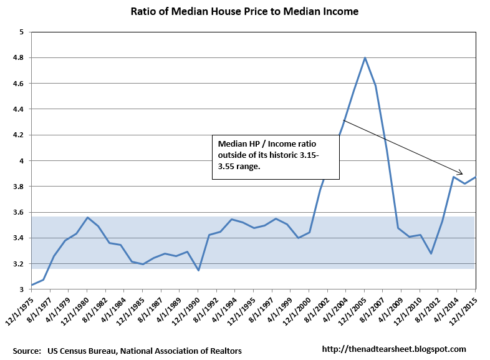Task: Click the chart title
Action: pos(244,12)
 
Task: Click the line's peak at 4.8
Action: pos(365,58)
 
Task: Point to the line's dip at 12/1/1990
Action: pos(198,270)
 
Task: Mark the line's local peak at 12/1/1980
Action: pos(87,218)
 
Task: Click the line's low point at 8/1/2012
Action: pos(431,253)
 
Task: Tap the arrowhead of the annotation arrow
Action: pos(462,174)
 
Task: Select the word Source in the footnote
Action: pos(25,350)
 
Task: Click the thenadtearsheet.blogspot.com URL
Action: pos(394,349)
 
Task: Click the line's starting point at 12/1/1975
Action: pos(32,285)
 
